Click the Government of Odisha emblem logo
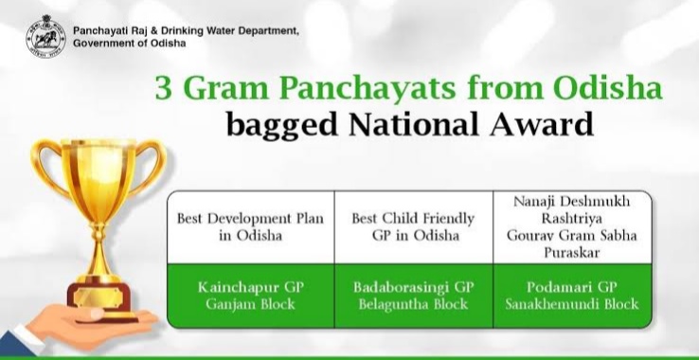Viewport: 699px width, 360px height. point(44,37)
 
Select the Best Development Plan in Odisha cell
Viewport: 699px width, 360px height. point(251,226)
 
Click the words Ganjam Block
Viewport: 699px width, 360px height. point(251,304)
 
